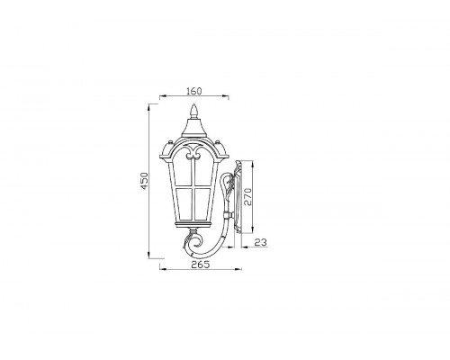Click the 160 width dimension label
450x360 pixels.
tap(194, 91)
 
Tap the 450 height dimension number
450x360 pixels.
tap(145, 181)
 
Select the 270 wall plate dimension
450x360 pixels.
tap(247, 196)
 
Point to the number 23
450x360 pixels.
tap(261, 242)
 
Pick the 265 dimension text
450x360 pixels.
tap(200, 265)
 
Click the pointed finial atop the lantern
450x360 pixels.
tap(194, 111)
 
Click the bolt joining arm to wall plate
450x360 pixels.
tap(229, 215)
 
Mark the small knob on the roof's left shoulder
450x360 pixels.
tap(171, 141)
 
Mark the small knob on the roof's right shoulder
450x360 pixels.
tap(218, 141)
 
